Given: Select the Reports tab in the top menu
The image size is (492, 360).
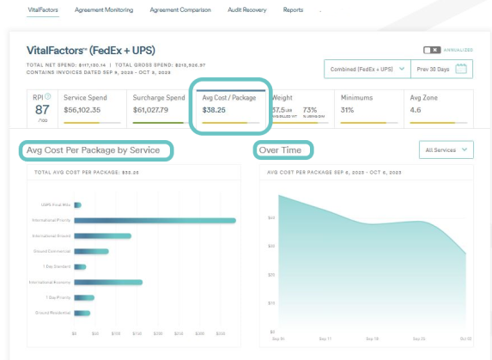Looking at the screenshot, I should (x=293, y=10).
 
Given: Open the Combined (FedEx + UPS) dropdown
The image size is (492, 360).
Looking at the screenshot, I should (x=364, y=68).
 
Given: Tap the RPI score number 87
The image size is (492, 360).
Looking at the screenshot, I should (x=40, y=109).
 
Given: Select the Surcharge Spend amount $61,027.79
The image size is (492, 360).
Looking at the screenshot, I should (x=158, y=110).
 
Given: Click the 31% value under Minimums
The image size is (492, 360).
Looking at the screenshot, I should (x=348, y=110).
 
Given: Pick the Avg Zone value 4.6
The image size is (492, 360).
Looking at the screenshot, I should (x=416, y=110).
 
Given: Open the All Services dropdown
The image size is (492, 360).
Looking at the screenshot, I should (x=446, y=150).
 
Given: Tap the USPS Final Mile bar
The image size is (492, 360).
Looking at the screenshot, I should (x=77, y=204).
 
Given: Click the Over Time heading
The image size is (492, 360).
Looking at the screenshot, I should (x=282, y=150).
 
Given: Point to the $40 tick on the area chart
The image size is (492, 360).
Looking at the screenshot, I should (x=270, y=217).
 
